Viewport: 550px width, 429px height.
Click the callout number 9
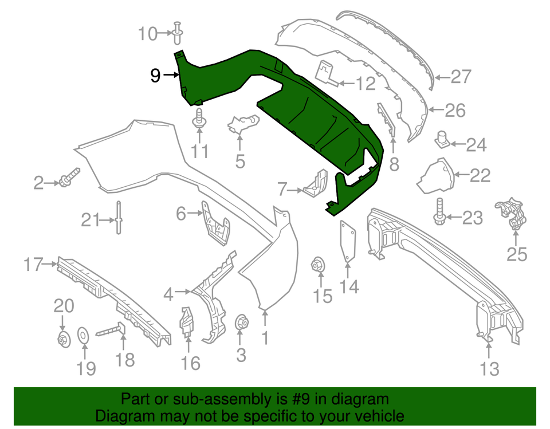click(155, 75)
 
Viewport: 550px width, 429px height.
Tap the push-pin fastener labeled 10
click(178, 33)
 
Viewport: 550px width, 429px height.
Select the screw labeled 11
click(199, 119)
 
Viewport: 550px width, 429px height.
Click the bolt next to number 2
click(69, 177)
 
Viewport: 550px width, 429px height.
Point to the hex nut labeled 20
click(63, 339)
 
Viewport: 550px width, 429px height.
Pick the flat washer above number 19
click(83, 336)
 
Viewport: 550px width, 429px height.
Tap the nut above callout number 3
click(241, 322)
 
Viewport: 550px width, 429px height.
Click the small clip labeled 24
click(443, 139)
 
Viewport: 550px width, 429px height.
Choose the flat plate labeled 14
click(347, 242)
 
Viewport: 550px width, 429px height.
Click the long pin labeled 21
click(119, 218)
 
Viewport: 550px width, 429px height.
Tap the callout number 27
click(461, 77)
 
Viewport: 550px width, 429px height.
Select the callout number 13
click(489, 369)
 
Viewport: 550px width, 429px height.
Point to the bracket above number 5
click(243, 124)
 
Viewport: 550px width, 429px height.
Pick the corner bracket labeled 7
click(316, 184)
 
